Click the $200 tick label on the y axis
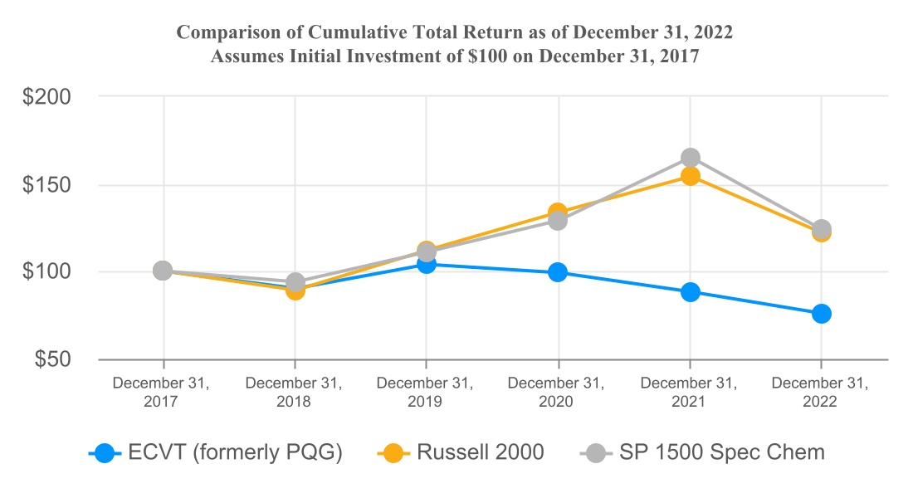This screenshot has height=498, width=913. point(46,96)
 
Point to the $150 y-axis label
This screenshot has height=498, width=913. point(46,184)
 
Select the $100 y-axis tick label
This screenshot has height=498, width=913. point(46,271)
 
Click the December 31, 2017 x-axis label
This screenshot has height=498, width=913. point(162,393)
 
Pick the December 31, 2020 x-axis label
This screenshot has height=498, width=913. point(557,393)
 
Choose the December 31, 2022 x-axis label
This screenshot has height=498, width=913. point(820,393)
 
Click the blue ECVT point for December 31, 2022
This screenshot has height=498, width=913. point(821,314)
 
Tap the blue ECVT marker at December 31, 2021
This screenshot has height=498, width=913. point(690,292)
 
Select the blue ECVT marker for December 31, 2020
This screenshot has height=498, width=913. point(558,272)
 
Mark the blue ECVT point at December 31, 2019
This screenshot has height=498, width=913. point(427,264)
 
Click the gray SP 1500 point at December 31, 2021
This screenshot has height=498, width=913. point(690,158)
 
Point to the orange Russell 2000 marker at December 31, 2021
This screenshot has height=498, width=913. point(690,176)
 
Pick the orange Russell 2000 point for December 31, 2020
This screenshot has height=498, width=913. point(558,212)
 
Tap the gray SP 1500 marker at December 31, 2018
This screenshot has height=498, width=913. point(295,282)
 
